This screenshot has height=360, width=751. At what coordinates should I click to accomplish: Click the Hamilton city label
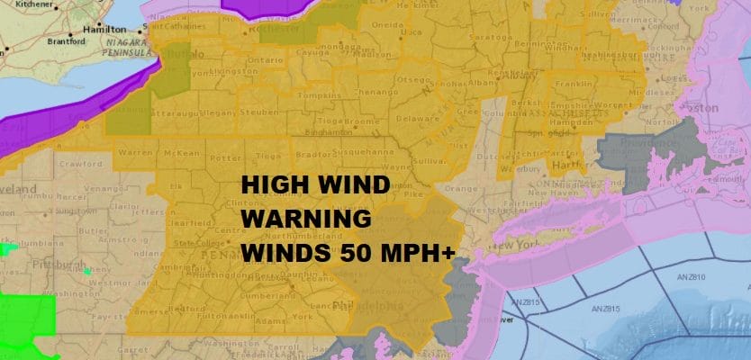tap(104, 29)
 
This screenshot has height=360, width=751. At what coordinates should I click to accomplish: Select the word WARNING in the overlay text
tap(306, 219)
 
